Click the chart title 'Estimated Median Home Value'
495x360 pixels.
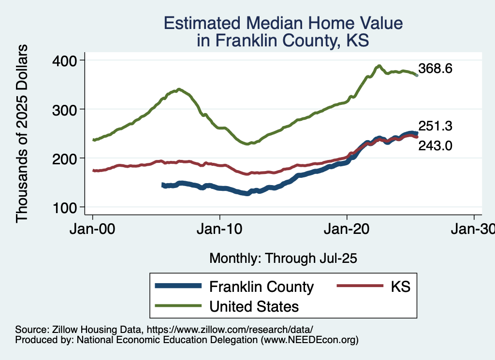(x=283, y=23)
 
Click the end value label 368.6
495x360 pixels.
(x=435, y=69)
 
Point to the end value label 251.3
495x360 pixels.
(x=435, y=126)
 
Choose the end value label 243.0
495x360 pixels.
(x=435, y=145)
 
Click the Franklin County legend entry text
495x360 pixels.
(x=262, y=287)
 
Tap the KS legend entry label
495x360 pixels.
(x=400, y=287)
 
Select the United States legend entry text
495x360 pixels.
(x=254, y=306)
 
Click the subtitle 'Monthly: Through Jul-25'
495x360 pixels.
(x=283, y=259)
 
